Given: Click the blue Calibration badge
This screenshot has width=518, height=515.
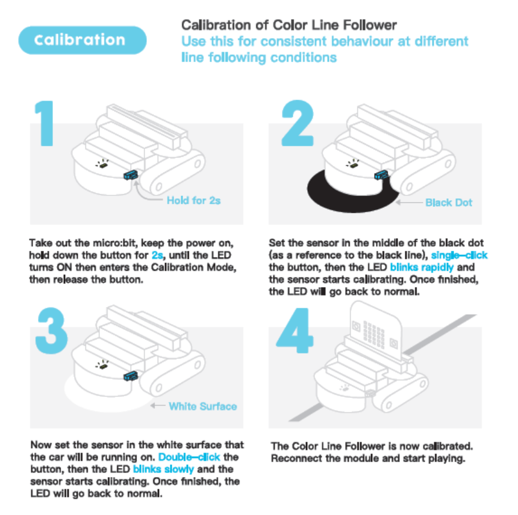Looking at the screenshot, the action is coord(83,40).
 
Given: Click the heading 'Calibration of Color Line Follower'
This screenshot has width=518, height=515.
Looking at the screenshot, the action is coord(289,25).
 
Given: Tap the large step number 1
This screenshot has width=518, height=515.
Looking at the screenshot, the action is coord(45,123).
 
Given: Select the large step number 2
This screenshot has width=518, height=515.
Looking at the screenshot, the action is coord(298,123).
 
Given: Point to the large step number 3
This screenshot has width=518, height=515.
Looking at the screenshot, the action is coord(52,330).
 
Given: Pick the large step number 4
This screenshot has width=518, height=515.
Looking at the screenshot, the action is coord(295,330).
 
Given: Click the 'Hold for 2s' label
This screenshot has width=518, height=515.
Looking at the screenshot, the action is coord(193,200).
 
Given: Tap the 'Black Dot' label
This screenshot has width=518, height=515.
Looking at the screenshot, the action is coord(449,203).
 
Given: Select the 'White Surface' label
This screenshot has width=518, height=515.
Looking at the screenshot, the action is coord(203,406).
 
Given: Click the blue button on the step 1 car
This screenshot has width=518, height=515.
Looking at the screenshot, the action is coord(131,175).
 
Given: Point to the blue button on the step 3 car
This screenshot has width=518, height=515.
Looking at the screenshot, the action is coord(131,376).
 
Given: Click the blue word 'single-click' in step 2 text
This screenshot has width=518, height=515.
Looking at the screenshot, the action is coord(459,255).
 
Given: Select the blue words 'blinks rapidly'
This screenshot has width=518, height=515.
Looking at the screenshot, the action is coord(422,267).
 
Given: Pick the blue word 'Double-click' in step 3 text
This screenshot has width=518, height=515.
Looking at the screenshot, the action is coord(189,457).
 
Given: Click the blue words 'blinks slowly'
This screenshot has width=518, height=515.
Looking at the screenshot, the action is coord(163,469).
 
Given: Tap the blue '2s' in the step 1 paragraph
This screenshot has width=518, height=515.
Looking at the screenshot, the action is coord(157,255).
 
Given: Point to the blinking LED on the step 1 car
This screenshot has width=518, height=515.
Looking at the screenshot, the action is coord(104,163).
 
